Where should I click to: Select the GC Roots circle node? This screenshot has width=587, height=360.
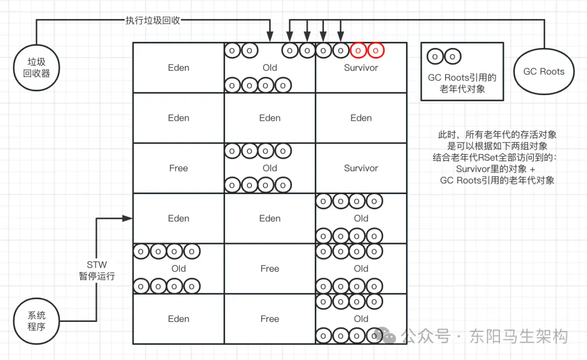point(544,71)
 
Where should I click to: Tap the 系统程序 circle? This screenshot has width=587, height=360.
point(36,320)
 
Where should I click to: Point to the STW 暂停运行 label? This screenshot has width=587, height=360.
point(97,270)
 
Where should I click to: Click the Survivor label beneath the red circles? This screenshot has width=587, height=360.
point(361,68)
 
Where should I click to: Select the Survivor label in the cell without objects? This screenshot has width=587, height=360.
point(361,168)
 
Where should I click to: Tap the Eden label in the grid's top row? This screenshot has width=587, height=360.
point(178,68)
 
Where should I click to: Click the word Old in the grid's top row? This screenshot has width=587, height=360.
point(270,68)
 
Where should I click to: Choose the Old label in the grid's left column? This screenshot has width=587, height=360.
point(178,269)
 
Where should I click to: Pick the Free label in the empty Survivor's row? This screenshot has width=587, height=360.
point(178,168)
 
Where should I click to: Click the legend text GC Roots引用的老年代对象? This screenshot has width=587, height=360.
point(462,83)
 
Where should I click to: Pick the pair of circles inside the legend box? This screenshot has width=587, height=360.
point(444,57)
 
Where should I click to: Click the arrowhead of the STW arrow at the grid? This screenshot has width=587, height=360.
point(129,218)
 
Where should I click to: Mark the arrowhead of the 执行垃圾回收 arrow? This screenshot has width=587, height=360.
point(270,38)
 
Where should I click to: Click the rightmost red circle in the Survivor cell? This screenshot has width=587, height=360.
point(375,51)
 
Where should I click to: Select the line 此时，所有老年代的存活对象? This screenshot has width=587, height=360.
point(497,134)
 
